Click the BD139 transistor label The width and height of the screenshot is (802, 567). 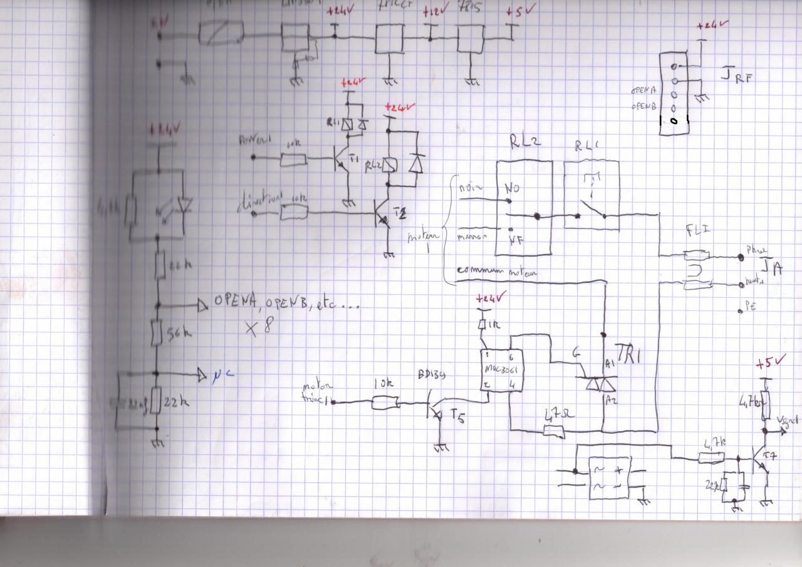click(x=432, y=375)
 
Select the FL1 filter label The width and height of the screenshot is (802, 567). click(x=697, y=232)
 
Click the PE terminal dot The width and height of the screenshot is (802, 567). click(x=741, y=309)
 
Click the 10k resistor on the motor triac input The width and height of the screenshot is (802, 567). click(x=385, y=402)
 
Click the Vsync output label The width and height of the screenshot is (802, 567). click(x=788, y=421)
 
